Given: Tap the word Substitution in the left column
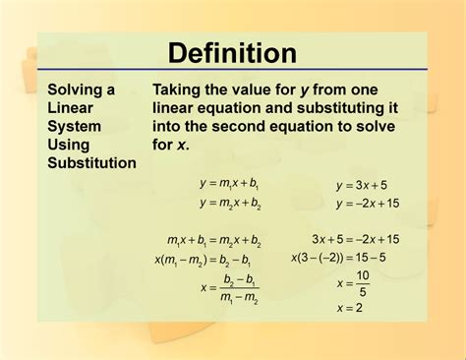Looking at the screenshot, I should [x=91, y=162].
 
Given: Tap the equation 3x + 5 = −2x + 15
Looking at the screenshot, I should [x=356, y=239].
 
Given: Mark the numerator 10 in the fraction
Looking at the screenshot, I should [x=363, y=275].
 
